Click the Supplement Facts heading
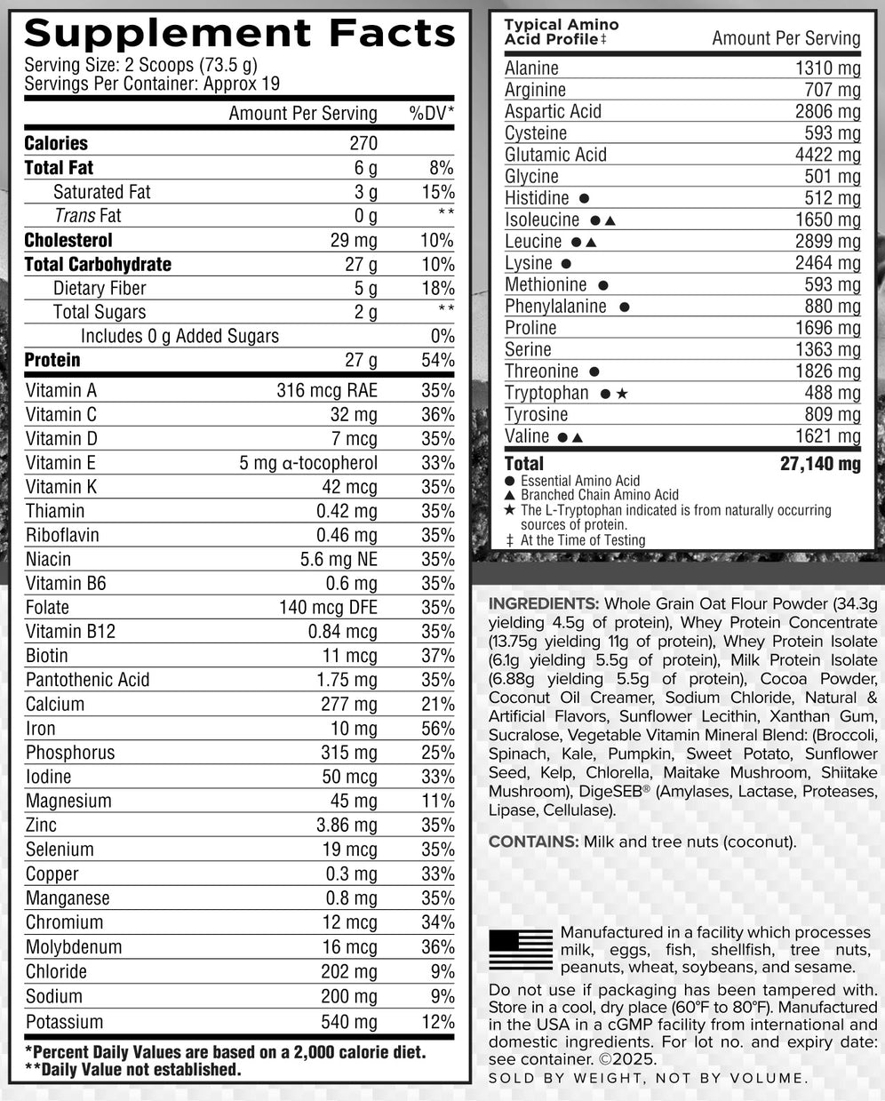click(x=239, y=33)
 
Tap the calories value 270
click(x=363, y=143)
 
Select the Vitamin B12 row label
click(x=70, y=632)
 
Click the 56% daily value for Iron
click(x=437, y=729)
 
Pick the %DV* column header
click(x=431, y=114)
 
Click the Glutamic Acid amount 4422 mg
click(x=827, y=156)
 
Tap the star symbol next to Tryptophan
click(x=622, y=393)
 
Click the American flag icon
click(x=521, y=950)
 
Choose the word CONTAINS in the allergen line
click(x=531, y=842)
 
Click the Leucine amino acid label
click(x=533, y=242)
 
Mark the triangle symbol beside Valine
click(x=578, y=437)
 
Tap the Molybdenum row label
click(x=74, y=947)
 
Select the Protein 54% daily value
click(x=437, y=361)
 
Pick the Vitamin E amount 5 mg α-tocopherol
click(x=308, y=463)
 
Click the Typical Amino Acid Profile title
click(x=562, y=32)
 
